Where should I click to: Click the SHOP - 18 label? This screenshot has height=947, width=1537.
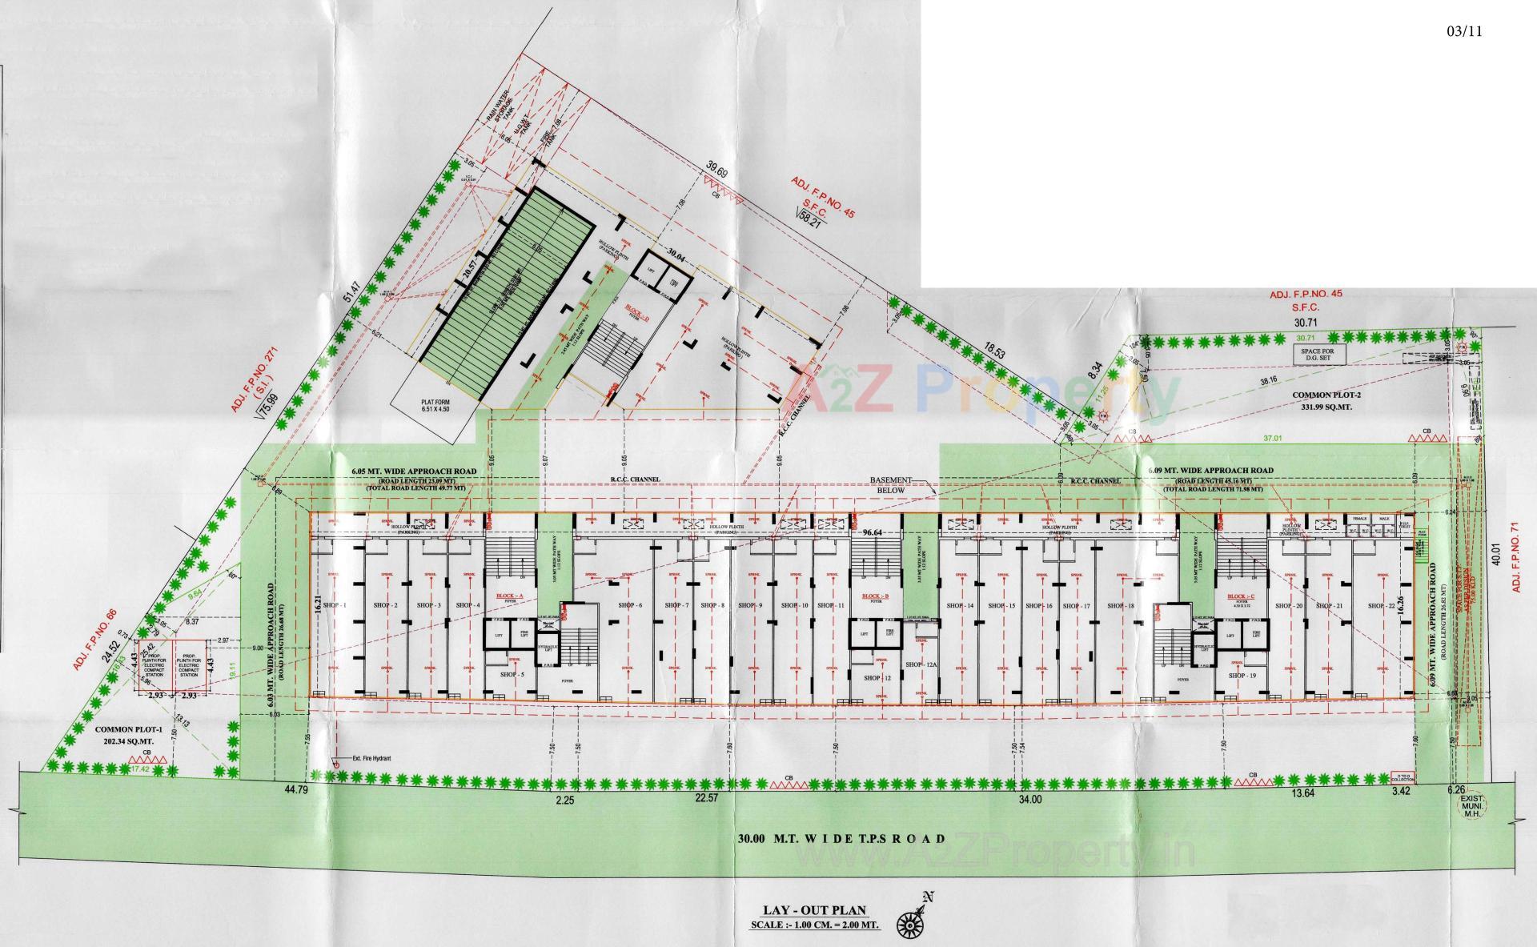point(1121,606)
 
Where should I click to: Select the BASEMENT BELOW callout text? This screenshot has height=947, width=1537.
point(893,485)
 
